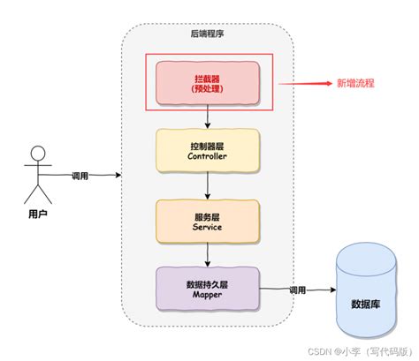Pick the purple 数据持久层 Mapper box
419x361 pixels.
tap(208, 289)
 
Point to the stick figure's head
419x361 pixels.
tap(36, 152)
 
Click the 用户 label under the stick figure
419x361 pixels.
tap(36, 214)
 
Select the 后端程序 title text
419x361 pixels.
tap(207, 34)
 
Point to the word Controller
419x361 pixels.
tap(208, 156)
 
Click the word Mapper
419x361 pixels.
tap(208, 296)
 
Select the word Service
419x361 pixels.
tap(208, 226)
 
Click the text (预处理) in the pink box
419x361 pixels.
tap(208, 88)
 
